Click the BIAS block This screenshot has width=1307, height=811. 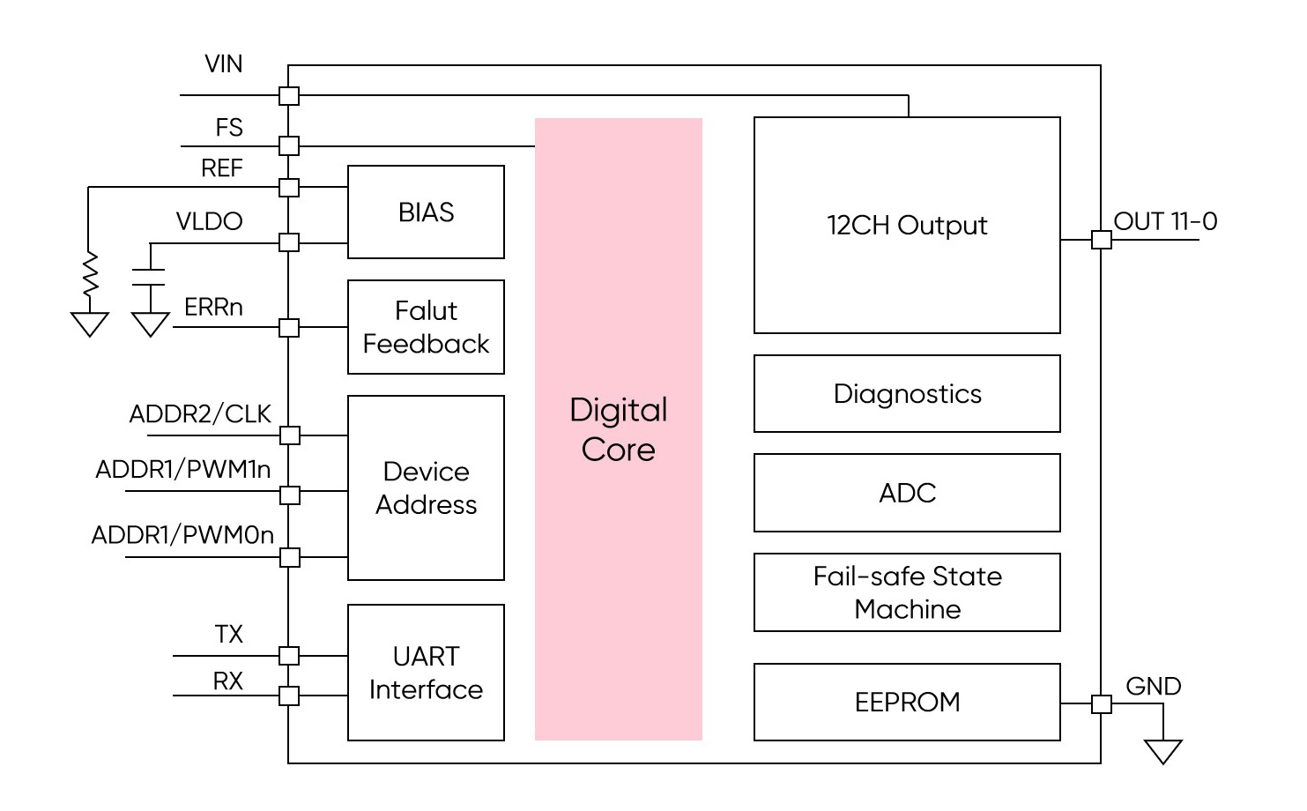[426, 212]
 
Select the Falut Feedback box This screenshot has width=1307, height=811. [426, 327]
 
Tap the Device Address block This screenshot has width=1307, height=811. [426, 487]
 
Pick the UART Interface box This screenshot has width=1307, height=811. [426, 673]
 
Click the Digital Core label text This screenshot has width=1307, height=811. [619, 429]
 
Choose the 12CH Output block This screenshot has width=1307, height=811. [907, 225]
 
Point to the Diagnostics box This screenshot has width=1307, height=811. [907, 393]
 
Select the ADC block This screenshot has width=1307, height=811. [907, 493]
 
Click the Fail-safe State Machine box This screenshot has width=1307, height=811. [907, 592]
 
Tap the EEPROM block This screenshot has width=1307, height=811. [907, 702]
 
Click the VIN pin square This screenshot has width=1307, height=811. [289, 95]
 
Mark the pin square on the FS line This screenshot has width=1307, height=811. [289, 145]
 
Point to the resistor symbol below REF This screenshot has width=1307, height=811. [89, 274]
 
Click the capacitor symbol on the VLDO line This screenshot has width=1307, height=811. [150, 278]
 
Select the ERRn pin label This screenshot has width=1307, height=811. [213, 307]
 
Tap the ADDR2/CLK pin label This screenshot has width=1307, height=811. [200, 413]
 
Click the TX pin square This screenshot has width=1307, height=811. [289, 656]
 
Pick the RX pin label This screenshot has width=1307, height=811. [227, 681]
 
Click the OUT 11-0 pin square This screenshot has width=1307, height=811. [1102, 240]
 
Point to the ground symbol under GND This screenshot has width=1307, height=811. [1162, 752]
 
